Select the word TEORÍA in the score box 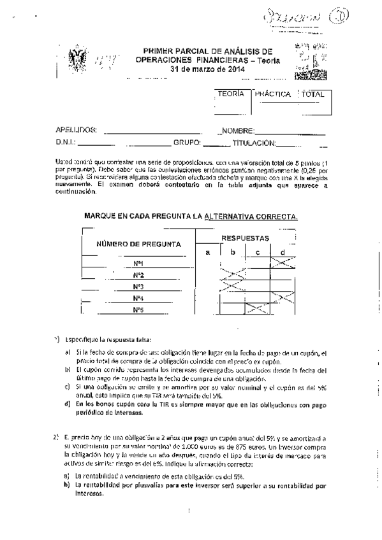(x=230, y=94)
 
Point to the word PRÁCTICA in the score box (x=273, y=94)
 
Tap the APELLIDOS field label (x=77, y=131)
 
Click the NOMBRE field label (x=238, y=131)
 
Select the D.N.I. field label (x=66, y=143)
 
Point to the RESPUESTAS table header (x=244, y=238)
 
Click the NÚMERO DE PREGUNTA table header (x=138, y=244)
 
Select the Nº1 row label (x=138, y=264)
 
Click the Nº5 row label (x=138, y=309)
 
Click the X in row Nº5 (x=258, y=309)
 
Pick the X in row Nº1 (x=283, y=263)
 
